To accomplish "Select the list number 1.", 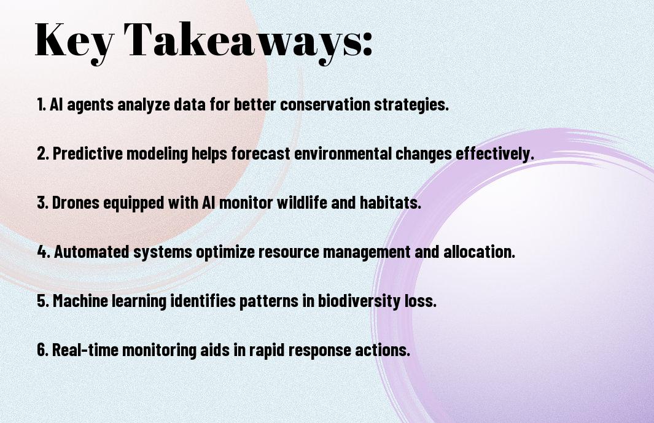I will pos(41,104).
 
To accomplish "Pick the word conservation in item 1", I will pos(326,104).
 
